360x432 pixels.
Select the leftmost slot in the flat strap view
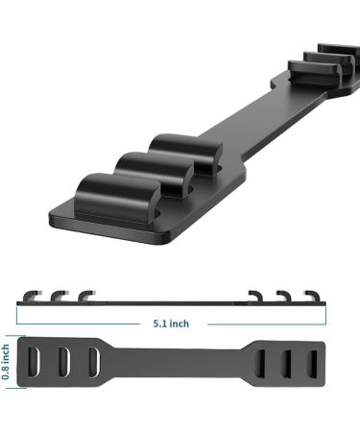(37, 363)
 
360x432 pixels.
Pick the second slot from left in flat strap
(64, 363)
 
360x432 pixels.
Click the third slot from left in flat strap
(92, 363)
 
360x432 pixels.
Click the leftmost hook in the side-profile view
(34, 293)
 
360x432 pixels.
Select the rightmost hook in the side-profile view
(312, 293)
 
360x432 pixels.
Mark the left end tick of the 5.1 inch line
(18, 324)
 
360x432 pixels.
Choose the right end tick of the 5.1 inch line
(329, 324)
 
